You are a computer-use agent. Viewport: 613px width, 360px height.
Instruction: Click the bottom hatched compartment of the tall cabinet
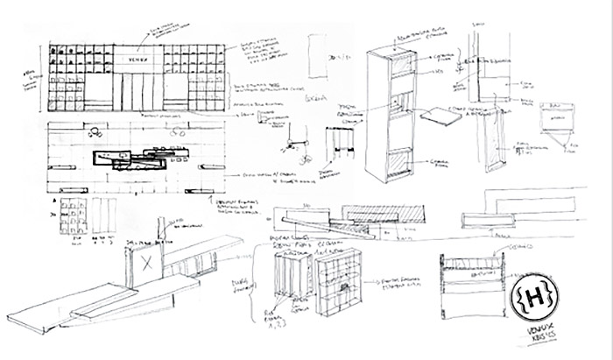[x=398, y=165]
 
